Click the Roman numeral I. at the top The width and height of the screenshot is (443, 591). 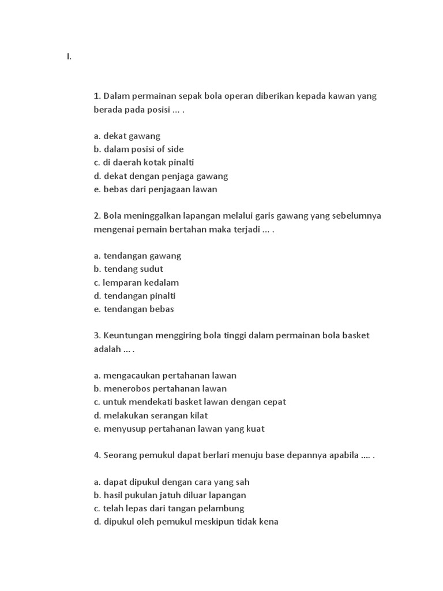pyautogui.click(x=69, y=57)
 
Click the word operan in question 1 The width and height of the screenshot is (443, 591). pyautogui.click(x=246, y=96)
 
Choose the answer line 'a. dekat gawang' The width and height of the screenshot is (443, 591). pyautogui.click(x=127, y=136)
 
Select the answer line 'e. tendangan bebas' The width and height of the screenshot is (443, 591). pyautogui.click(x=133, y=309)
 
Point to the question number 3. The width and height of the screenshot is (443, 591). pyautogui.click(x=97, y=335)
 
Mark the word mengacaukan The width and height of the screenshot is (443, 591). pyautogui.click(x=132, y=375)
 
